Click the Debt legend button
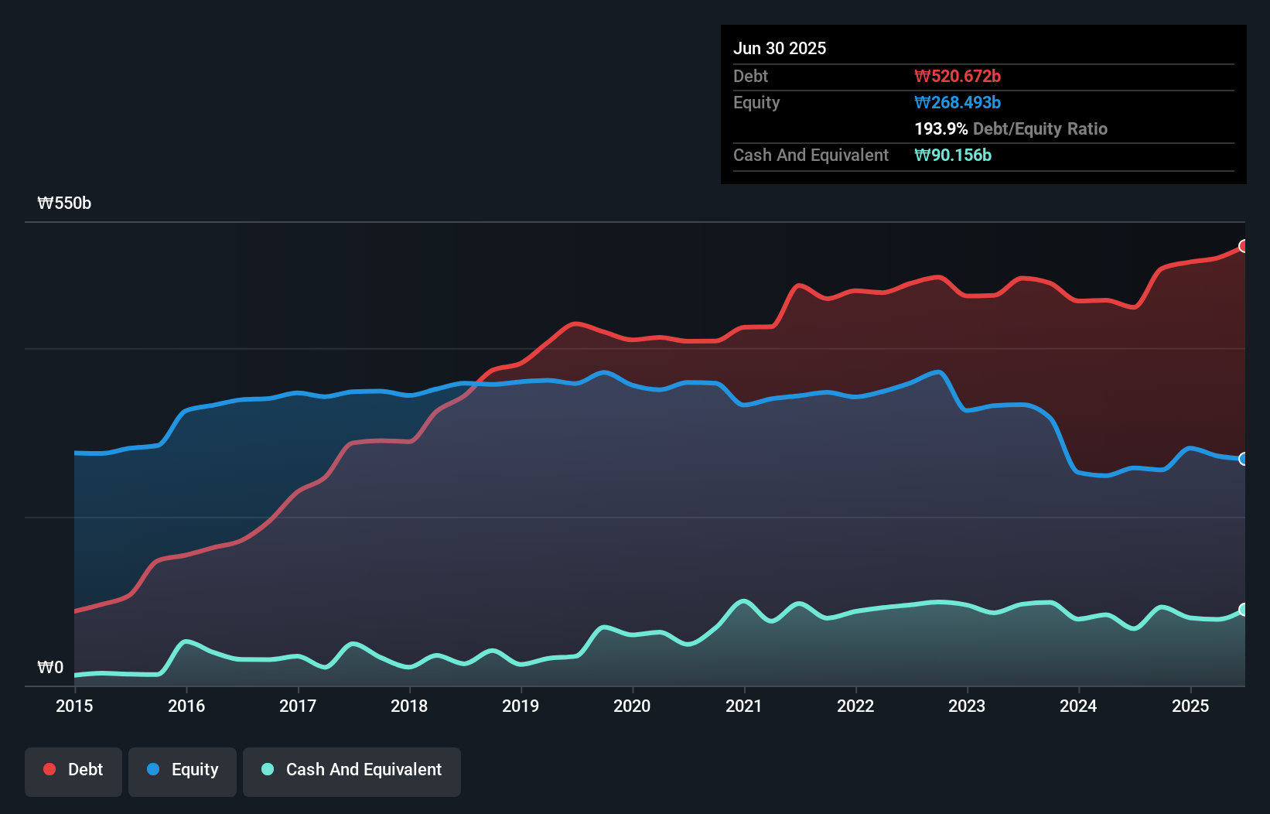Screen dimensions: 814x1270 [73, 771]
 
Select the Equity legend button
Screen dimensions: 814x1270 [183, 771]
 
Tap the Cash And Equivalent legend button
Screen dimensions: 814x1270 [352, 771]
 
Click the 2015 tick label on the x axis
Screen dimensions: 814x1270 [74, 706]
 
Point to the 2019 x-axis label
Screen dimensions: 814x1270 [521, 706]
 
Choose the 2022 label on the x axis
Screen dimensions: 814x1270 [855, 706]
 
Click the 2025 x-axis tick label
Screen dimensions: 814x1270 [1190, 706]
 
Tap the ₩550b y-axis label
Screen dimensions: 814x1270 [64, 203]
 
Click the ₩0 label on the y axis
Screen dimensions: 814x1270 [50, 668]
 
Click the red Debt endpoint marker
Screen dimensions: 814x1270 [1244, 246]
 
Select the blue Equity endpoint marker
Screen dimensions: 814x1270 [1244, 459]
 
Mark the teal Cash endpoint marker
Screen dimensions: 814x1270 [1244, 610]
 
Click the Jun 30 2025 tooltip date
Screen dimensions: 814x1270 [780, 49]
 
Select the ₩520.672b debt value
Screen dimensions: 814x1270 [958, 77]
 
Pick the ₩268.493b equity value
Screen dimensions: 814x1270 [958, 103]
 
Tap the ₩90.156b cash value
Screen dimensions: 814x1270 [953, 156]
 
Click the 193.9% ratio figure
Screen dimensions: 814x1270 [941, 129]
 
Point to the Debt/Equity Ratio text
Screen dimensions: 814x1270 [1040, 129]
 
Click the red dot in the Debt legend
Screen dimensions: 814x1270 [50, 769]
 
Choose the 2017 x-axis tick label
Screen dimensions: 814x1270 [298, 706]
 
